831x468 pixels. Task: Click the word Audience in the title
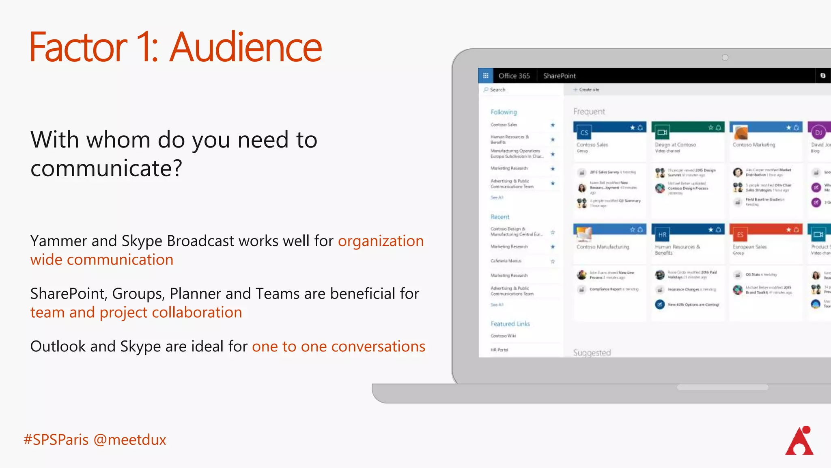tap(246, 48)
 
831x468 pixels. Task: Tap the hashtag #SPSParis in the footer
tap(56, 440)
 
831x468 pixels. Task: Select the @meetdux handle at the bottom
tap(130, 440)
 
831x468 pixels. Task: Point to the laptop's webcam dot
tap(725, 58)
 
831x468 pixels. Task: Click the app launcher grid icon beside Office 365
tap(486, 76)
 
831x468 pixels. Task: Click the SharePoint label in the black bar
tap(559, 76)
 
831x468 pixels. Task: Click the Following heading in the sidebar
tap(504, 112)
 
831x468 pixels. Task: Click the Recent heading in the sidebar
tap(500, 217)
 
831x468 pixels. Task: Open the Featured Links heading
tap(510, 324)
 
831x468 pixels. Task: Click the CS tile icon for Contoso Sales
tap(584, 133)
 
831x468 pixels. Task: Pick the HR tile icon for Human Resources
tap(662, 235)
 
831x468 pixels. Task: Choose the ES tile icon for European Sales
tap(740, 235)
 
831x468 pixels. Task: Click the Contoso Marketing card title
tap(753, 145)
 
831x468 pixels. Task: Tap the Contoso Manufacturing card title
tap(603, 247)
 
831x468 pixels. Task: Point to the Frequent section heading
tap(589, 112)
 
